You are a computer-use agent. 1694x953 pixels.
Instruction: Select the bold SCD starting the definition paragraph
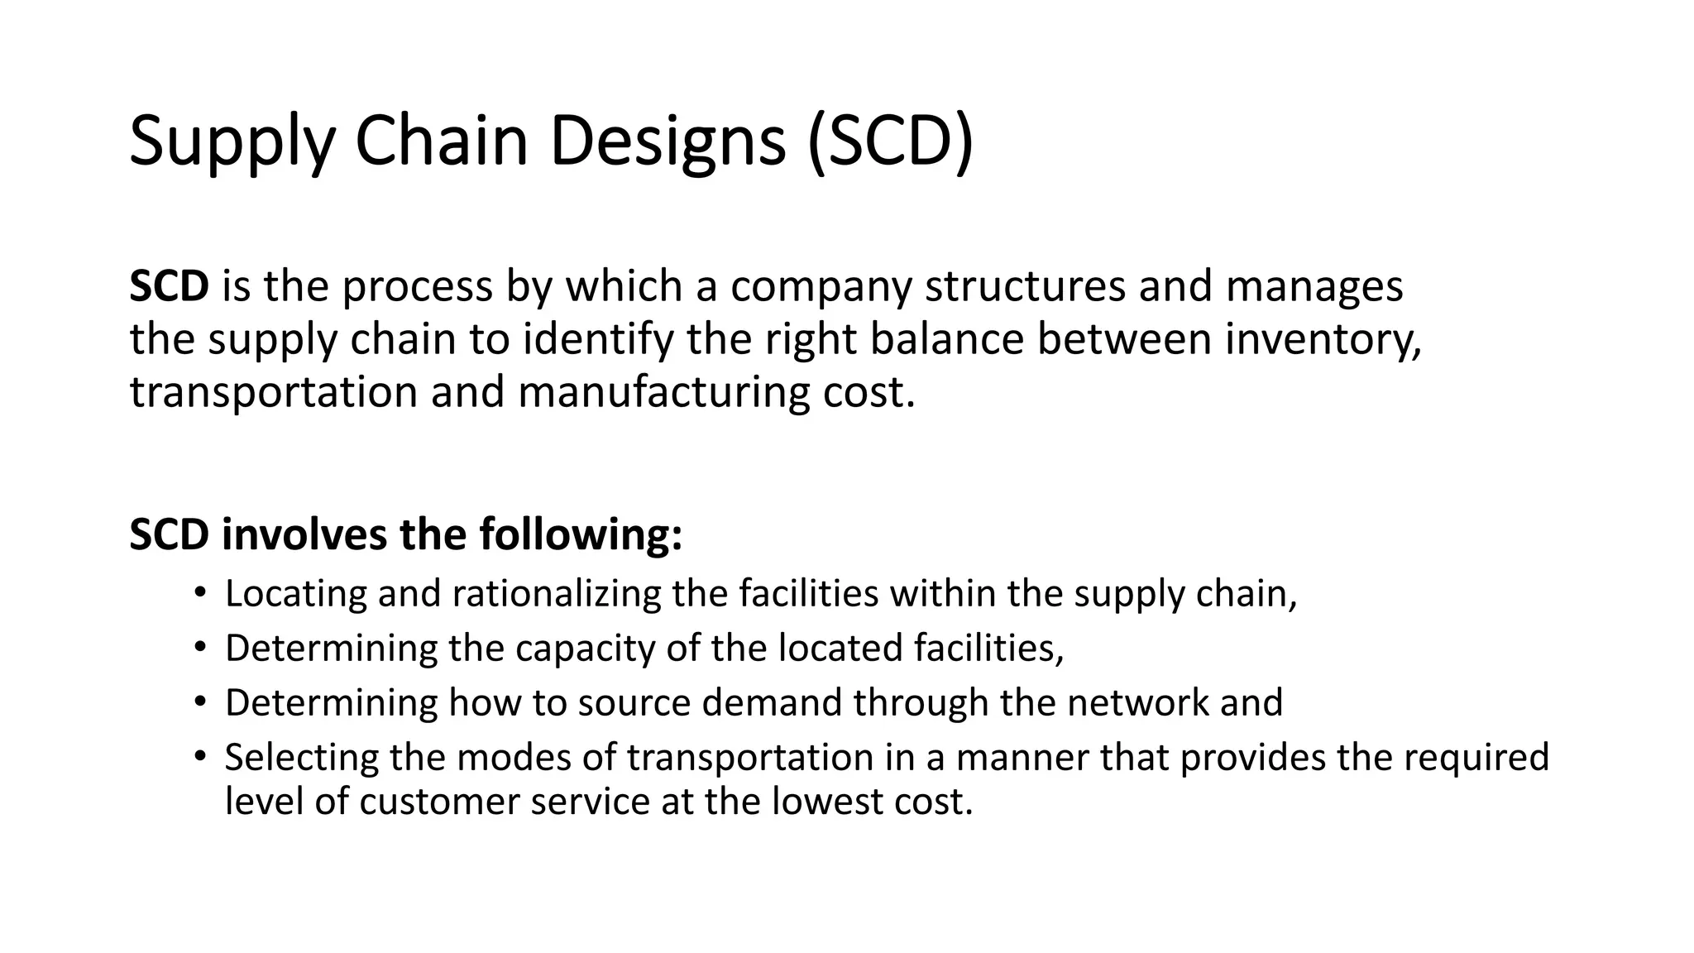169,286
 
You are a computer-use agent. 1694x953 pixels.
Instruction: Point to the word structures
1025,286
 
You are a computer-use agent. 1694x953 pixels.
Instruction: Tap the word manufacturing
663,392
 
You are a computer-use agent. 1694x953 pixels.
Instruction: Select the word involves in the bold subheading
304,534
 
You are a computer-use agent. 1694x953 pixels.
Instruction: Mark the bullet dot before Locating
199,593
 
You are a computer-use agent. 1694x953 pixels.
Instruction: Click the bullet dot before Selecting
199,756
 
